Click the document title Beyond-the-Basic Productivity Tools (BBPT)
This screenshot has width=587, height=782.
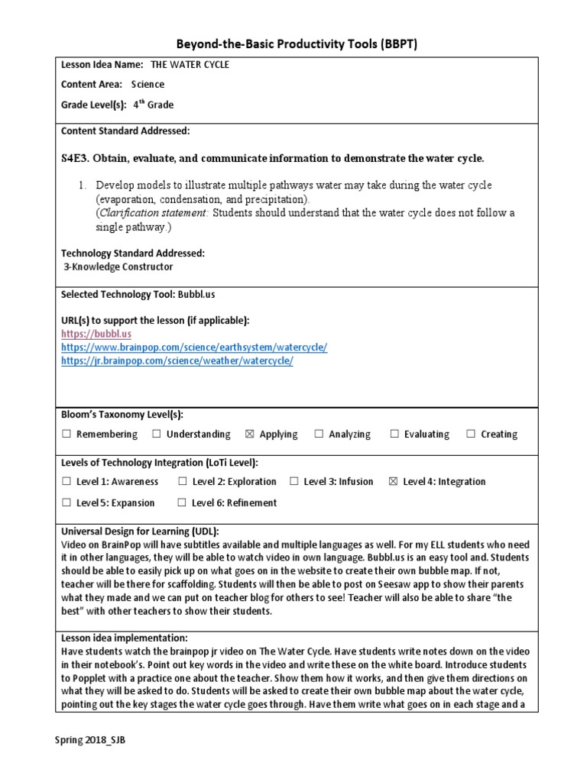pos(293,44)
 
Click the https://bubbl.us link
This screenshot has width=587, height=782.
pos(96,334)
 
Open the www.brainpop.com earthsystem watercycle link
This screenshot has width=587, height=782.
pos(194,347)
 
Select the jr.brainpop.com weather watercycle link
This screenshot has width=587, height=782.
pos(177,361)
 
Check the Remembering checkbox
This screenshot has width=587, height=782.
pos(66,435)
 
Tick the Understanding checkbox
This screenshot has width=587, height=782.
pos(157,435)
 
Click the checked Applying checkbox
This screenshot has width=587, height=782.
pos(250,435)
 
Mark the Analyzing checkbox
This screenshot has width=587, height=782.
pos(319,435)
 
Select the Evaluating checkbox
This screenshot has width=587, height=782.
pos(394,435)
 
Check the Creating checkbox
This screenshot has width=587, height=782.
pos(471,435)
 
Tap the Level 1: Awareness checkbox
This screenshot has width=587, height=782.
pos(66,482)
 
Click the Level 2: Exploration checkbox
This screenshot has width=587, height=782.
pos(183,482)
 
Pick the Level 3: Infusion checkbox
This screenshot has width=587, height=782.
pos(294,482)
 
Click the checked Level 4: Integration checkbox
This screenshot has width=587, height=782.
pos(394,482)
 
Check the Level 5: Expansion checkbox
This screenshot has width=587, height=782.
pos(66,503)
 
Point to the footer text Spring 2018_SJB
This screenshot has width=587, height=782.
pos(89,742)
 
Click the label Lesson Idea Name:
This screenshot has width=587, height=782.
pos(102,65)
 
